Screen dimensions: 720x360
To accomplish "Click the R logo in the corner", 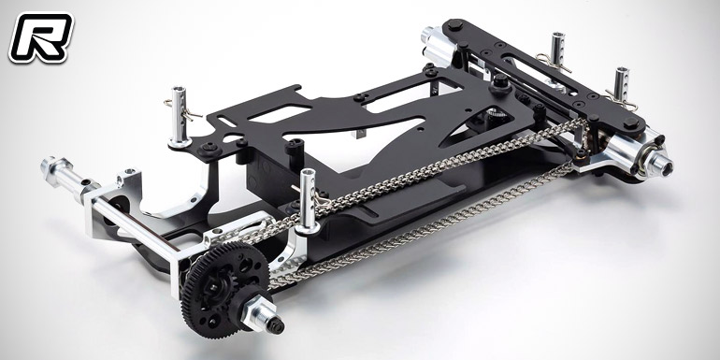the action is tap(40, 37).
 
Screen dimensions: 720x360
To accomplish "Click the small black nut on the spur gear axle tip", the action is tap(276, 325).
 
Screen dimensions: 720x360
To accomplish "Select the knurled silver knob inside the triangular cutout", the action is tap(494, 114).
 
